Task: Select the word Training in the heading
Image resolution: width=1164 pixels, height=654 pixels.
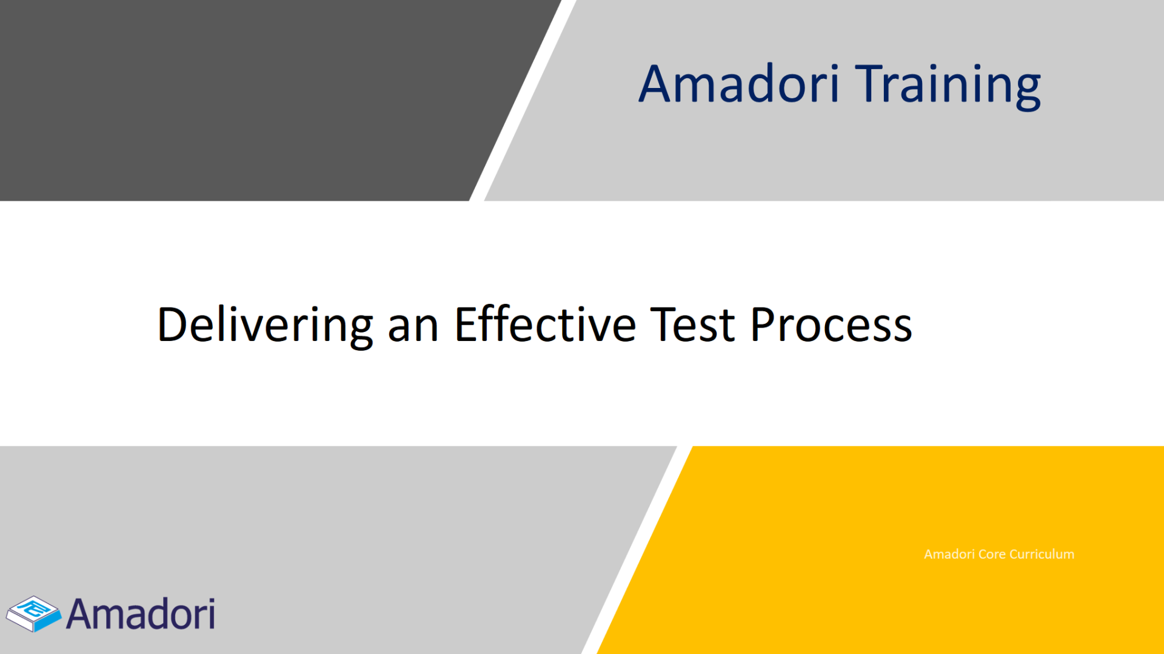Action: (x=948, y=86)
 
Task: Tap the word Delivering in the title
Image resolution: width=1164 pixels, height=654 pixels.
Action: (x=265, y=326)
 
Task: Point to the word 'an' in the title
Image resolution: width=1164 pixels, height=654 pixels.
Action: (x=413, y=329)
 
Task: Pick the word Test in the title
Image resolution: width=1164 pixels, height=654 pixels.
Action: (x=692, y=325)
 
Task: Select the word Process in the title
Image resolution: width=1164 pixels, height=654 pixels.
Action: (x=831, y=325)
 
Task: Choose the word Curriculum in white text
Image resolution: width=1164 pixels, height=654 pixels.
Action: (x=1042, y=554)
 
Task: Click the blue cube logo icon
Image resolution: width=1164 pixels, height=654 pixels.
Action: (x=33, y=613)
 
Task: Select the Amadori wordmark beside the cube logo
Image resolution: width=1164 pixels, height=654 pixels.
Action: (x=141, y=614)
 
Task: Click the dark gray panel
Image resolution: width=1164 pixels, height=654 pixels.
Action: (x=242, y=100)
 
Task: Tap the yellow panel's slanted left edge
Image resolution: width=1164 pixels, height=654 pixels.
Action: (x=645, y=550)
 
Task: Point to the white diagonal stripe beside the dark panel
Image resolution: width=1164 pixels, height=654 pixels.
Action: (x=523, y=100)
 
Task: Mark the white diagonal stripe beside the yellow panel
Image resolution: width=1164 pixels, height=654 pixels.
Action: (x=637, y=550)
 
